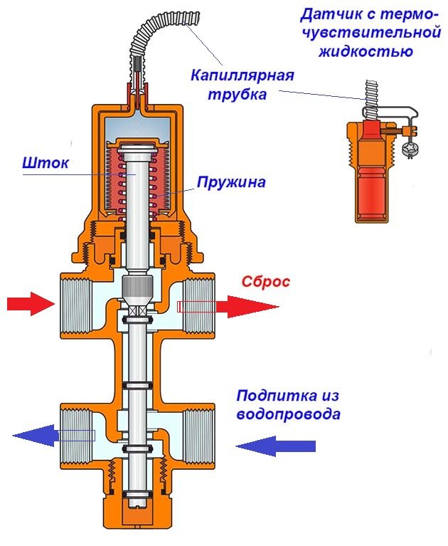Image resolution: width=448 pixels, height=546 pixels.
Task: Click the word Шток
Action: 47,164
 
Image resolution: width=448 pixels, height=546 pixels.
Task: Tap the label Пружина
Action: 232,182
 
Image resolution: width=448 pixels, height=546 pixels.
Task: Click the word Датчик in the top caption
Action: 330,14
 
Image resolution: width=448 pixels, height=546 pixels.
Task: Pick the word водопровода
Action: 288,414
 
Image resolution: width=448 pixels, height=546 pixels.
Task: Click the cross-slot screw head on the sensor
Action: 410,149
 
